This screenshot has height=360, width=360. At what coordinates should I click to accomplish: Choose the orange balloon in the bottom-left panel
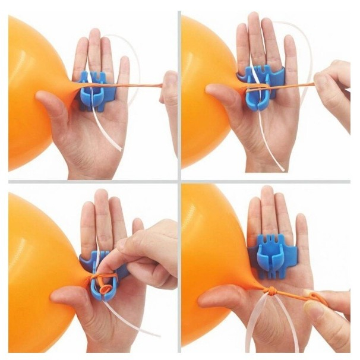(x=36, y=267)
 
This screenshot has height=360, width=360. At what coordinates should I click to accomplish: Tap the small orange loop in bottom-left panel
(x=105, y=288)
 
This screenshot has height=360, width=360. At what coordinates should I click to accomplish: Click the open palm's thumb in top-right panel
(x=223, y=95)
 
